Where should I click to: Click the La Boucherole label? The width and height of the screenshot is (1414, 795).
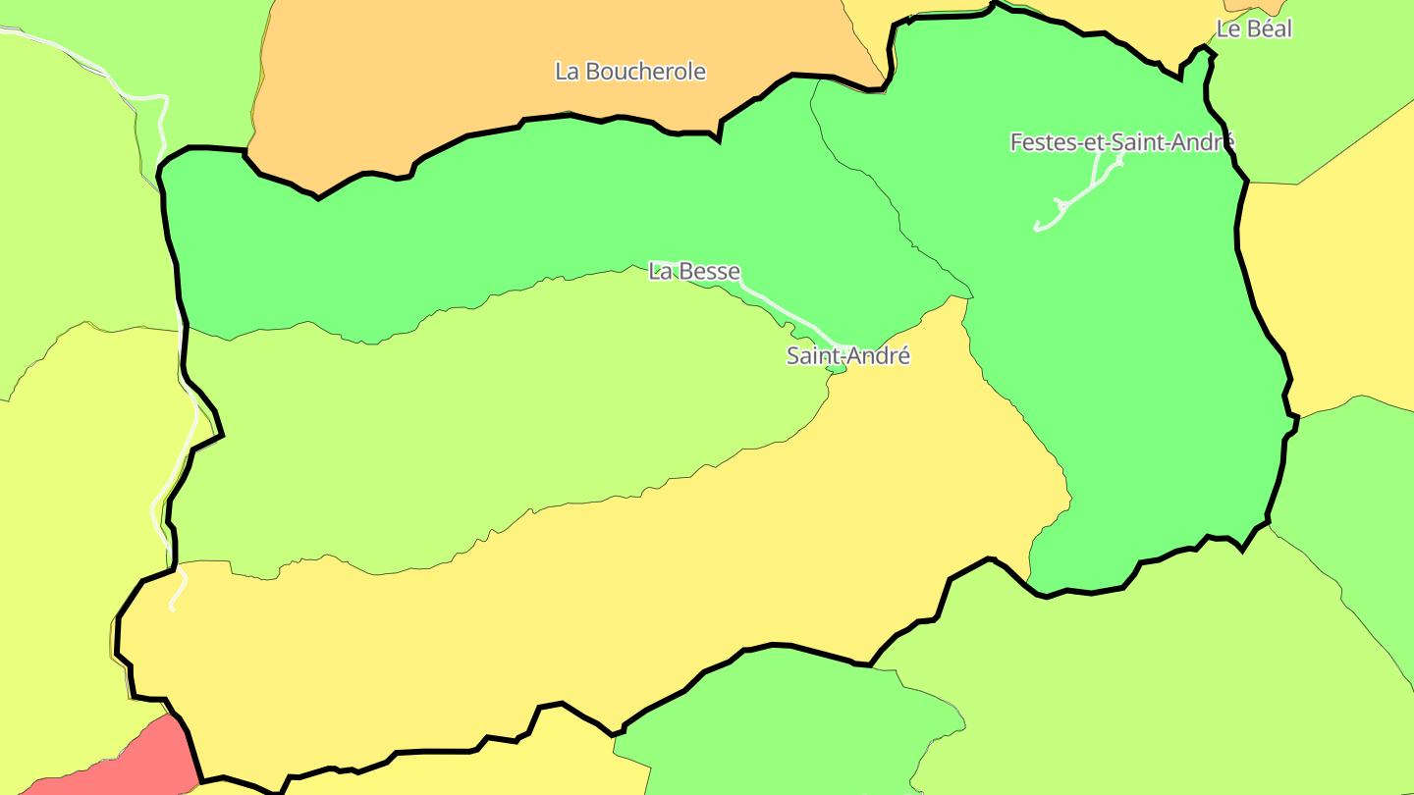coord(629,72)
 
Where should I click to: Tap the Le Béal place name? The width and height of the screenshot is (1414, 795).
coord(1254,29)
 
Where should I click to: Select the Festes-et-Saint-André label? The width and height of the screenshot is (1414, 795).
coord(1121,142)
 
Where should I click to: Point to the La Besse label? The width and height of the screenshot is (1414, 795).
coord(693,271)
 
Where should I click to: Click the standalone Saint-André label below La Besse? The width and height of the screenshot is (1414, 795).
coord(847,356)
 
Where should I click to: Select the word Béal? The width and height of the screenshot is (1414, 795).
coord(1269,29)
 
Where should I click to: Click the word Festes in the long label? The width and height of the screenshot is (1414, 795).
coord(1043,142)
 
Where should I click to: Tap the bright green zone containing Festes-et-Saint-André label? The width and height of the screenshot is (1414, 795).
coord(1129,344)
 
